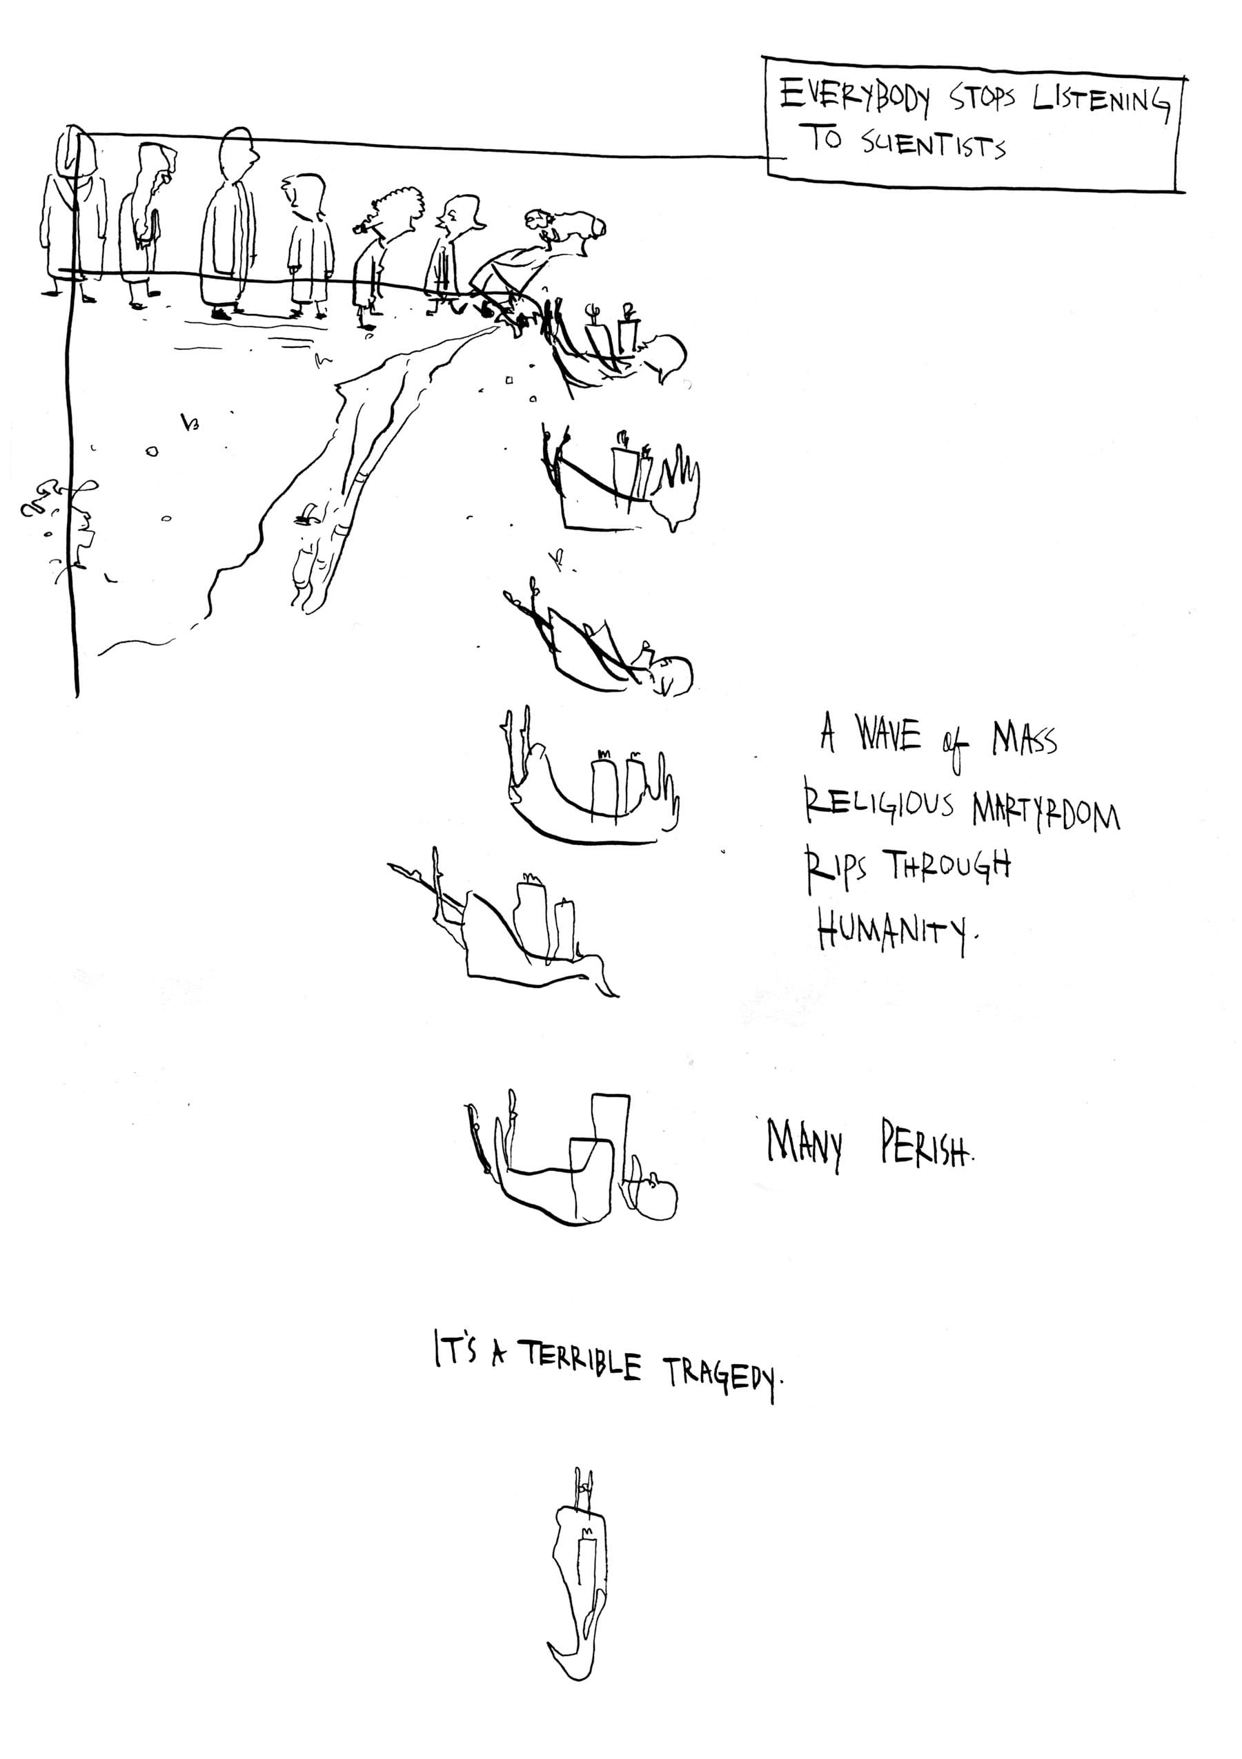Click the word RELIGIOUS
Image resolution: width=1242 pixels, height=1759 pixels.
pyautogui.click(x=878, y=805)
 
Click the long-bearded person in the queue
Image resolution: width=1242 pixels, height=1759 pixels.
pyautogui.click(x=146, y=222)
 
